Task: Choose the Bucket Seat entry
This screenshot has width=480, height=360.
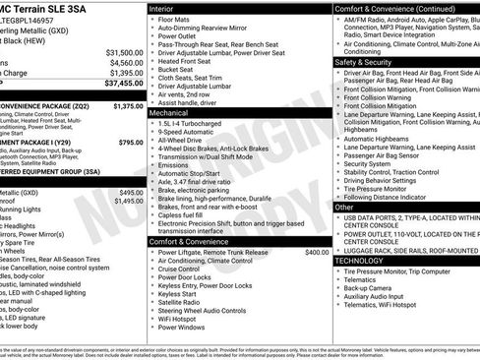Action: tap(177, 70)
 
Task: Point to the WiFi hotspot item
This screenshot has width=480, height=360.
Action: tap(181, 317)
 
